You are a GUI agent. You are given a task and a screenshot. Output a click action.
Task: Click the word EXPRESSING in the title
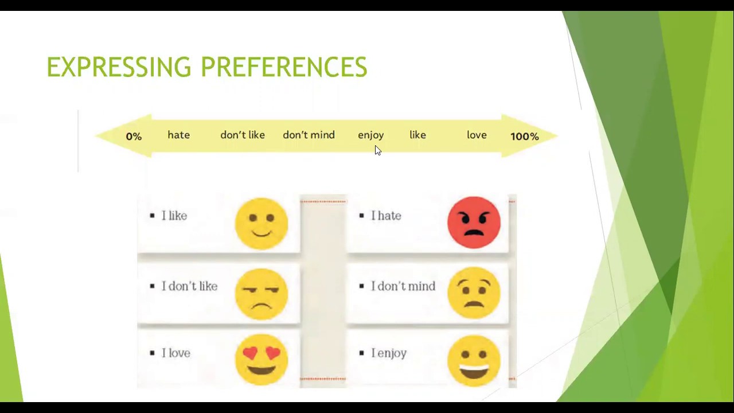(119, 67)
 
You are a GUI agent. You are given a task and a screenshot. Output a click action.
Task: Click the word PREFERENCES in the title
(283, 67)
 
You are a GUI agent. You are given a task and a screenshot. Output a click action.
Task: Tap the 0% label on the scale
(134, 137)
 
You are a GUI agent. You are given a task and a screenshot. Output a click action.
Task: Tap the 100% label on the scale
(524, 137)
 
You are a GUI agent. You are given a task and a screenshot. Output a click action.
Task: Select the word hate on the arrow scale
(178, 135)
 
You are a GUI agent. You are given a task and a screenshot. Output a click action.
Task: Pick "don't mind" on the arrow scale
(309, 135)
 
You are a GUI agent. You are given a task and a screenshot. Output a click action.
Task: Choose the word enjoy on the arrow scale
(370, 135)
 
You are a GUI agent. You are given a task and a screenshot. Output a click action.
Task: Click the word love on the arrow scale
(477, 135)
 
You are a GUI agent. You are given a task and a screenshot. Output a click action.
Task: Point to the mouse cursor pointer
(377, 150)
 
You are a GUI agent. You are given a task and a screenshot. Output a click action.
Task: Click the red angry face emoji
(474, 223)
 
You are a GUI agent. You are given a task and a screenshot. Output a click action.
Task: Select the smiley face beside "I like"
(261, 223)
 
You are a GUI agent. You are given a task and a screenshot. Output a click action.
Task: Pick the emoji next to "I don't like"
(261, 294)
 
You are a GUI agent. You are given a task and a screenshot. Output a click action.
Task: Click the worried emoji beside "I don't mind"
(474, 293)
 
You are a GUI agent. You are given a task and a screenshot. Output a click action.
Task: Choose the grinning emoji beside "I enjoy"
(474, 360)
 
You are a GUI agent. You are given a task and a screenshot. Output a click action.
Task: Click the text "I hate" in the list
(386, 216)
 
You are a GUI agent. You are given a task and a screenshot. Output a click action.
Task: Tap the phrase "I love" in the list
(175, 353)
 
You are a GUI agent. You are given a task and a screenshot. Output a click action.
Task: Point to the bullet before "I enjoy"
(361, 353)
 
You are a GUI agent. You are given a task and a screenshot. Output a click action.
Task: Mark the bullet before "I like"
(152, 216)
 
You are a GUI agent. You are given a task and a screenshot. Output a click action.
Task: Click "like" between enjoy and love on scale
(417, 135)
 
